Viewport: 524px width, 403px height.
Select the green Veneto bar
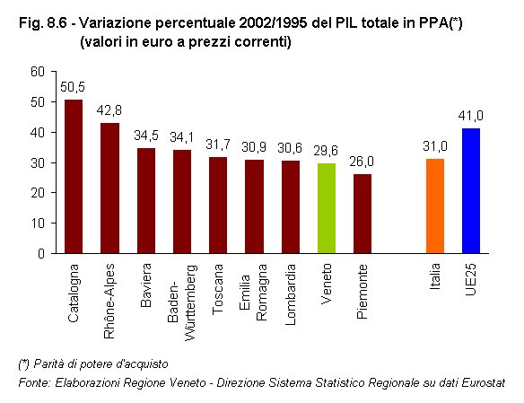(x=327, y=207)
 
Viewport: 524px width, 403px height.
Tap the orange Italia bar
(x=434, y=206)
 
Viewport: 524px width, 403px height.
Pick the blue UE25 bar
(x=471, y=190)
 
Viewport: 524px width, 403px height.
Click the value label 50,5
(x=74, y=87)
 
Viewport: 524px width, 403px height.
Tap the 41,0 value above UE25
(x=471, y=116)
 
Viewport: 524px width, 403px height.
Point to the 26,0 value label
(x=362, y=162)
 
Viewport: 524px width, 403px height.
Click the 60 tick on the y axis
(x=37, y=72)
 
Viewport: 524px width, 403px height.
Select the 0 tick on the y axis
(x=40, y=253)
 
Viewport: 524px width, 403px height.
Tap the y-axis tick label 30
(x=37, y=162)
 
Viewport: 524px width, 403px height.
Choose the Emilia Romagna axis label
(x=254, y=293)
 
